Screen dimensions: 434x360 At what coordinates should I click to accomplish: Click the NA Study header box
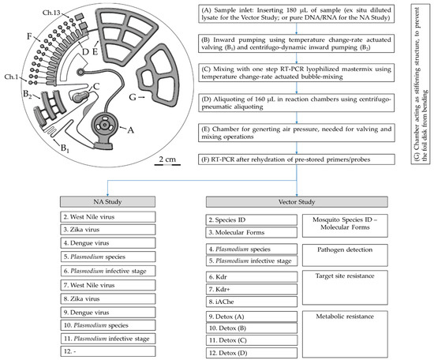tap(107, 202)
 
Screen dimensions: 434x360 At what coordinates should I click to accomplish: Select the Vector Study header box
tap(297, 202)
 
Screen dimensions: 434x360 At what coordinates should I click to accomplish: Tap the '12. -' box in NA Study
tap(108, 351)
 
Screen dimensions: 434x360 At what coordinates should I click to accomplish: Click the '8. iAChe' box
tap(252, 302)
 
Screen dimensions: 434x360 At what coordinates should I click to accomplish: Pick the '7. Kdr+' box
tap(252, 289)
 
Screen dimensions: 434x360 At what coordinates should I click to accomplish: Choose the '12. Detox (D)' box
tap(252, 353)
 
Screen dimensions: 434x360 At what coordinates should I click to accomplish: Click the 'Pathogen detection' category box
tap(345, 255)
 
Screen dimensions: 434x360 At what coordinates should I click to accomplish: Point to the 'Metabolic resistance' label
tap(345, 317)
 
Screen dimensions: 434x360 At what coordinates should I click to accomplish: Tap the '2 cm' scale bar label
tap(167, 159)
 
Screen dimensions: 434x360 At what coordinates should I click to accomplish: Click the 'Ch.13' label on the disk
tap(51, 13)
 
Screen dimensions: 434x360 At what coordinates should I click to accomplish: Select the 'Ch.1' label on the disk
tap(11, 77)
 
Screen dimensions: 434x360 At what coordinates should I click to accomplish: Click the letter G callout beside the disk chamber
tap(133, 97)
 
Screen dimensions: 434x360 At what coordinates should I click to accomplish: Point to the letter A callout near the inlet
tap(130, 130)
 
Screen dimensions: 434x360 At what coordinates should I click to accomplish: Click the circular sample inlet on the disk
tap(104, 126)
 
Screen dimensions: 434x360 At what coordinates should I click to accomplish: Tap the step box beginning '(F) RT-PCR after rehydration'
tap(297, 159)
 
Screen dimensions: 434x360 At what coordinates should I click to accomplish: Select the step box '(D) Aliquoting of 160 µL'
tap(297, 103)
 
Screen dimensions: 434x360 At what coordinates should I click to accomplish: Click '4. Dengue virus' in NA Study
tap(108, 243)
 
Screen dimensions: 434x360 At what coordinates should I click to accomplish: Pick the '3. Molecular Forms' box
tap(252, 232)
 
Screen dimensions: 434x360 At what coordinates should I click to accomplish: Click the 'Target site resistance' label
tap(345, 276)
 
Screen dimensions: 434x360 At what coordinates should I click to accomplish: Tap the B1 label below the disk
tap(65, 148)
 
